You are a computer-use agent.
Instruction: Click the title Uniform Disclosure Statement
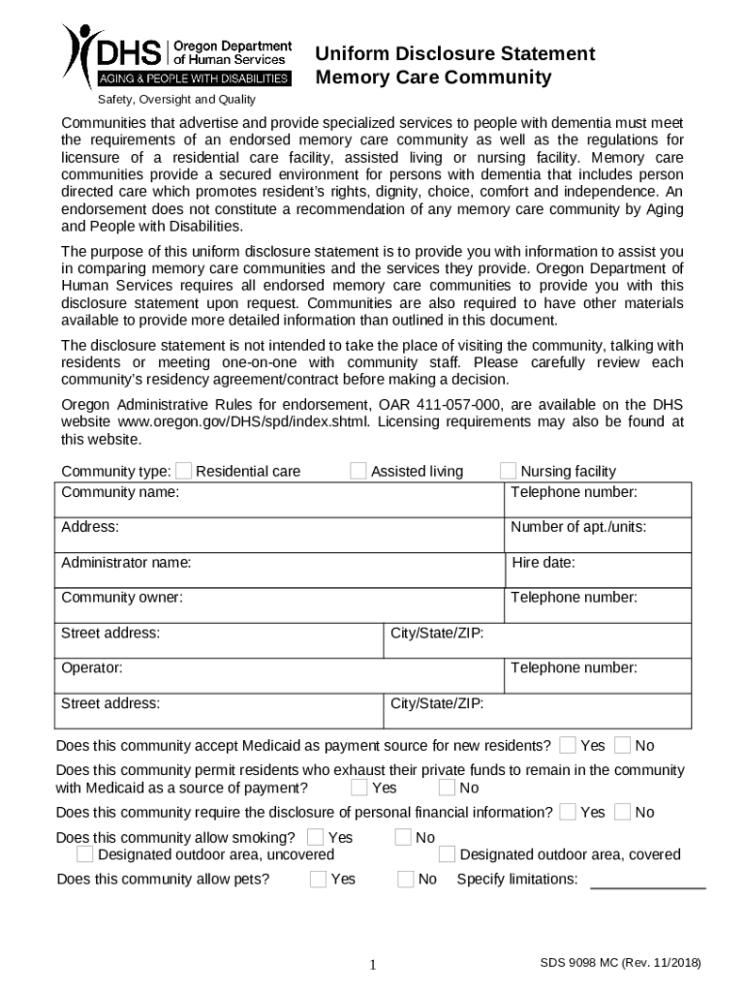pos(455,53)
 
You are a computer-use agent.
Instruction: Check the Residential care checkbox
pos(184,471)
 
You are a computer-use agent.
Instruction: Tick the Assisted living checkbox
pos(358,471)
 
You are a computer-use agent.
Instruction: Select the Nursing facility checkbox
pos(509,471)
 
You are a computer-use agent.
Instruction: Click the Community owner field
pos(281,605)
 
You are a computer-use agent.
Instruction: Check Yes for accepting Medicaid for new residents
pos(568,745)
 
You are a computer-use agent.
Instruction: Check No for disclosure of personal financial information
pos(623,812)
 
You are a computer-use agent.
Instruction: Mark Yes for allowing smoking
pos(316,837)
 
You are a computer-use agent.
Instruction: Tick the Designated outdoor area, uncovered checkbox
pos(85,854)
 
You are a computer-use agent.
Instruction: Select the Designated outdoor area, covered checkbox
pos(447,854)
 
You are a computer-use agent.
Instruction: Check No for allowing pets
pos(406,880)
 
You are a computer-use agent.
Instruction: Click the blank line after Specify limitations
pos(648,882)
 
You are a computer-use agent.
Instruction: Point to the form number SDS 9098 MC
pos(620,963)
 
